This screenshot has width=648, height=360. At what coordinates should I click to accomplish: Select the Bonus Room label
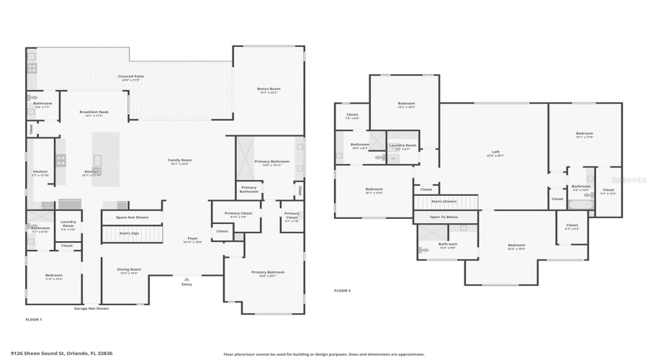(x=268, y=90)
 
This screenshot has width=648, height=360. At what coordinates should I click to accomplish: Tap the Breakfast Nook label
(x=94, y=114)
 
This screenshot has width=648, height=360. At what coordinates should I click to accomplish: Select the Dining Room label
(x=129, y=271)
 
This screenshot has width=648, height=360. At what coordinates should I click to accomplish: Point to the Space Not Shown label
(x=131, y=217)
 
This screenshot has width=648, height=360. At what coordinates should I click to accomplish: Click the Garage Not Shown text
(x=91, y=308)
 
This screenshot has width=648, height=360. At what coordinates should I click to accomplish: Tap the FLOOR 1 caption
(x=34, y=319)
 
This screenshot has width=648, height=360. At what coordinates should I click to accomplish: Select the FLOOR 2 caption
(x=342, y=291)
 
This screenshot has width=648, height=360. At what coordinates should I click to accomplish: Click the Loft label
(x=495, y=153)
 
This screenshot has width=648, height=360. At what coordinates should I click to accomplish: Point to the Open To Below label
(x=445, y=217)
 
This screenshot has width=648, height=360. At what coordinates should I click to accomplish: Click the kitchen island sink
(x=96, y=160)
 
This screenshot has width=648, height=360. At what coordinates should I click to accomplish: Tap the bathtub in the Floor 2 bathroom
(x=580, y=204)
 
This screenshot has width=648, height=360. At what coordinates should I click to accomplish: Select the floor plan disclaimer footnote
(x=323, y=354)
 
